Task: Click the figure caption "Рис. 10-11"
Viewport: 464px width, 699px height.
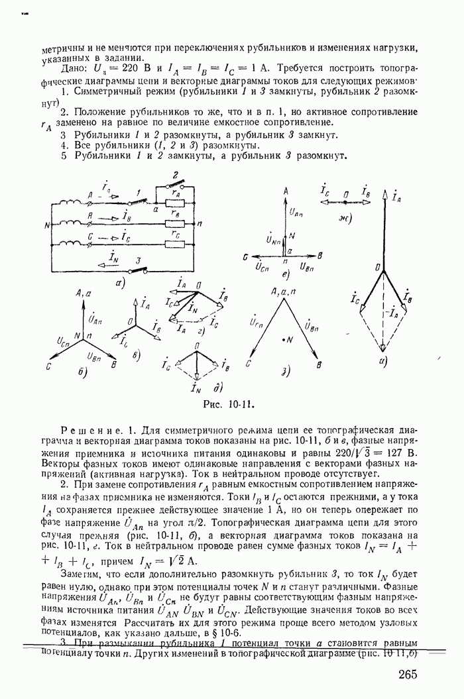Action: (231, 402)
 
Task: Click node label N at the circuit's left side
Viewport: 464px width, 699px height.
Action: (47, 224)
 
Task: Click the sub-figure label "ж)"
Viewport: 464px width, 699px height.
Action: (345, 217)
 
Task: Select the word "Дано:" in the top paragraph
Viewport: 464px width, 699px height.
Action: (72, 69)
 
